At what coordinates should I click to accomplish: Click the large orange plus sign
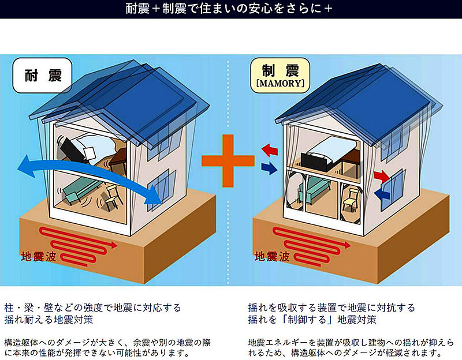click(228, 161)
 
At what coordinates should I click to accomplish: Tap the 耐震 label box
click(42, 76)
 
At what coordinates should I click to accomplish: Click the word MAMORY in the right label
click(280, 83)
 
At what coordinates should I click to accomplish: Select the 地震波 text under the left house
click(39, 257)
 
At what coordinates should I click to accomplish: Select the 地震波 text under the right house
click(272, 256)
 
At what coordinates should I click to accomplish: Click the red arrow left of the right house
click(270, 150)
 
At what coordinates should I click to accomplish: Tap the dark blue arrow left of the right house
click(269, 168)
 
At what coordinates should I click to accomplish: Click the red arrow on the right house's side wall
click(382, 176)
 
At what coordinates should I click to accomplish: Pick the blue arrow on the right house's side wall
click(382, 195)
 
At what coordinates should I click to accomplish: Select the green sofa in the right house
click(313, 189)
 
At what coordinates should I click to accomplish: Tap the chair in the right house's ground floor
click(351, 198)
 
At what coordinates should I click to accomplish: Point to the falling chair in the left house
click(113, 197)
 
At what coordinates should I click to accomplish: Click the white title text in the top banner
click(229, 9)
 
